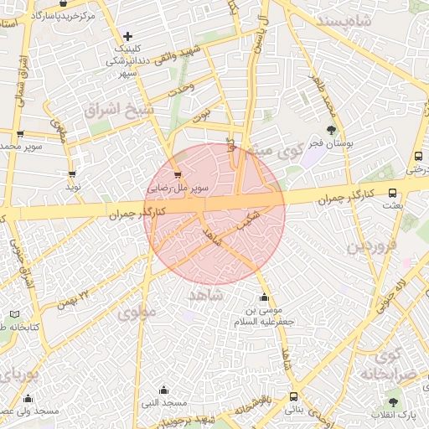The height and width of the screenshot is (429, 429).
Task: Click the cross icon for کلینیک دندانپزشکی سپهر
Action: [x=127, y=36]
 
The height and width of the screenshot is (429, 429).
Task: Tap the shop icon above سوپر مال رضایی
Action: [x=177, y=175]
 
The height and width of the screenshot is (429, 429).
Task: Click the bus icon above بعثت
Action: [x=393, y=193]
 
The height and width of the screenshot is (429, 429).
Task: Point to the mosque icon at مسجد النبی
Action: [x=163, y=390]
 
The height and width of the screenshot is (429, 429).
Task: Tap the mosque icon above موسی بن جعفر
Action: [x=265, y=297]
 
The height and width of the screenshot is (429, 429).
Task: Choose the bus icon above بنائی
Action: [x=293, y=397]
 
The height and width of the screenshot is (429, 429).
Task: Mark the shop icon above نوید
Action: [x=72, y=173]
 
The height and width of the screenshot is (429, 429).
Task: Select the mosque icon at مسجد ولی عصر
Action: [x=28, y=399]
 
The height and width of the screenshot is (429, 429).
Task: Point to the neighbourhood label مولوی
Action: [x=137, y=312]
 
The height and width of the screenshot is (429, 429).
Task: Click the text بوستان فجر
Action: [x=332, y=144]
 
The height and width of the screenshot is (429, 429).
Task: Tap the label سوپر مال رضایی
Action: [x=176, y=189]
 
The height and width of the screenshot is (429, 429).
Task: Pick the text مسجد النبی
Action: [x=163, y=403]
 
